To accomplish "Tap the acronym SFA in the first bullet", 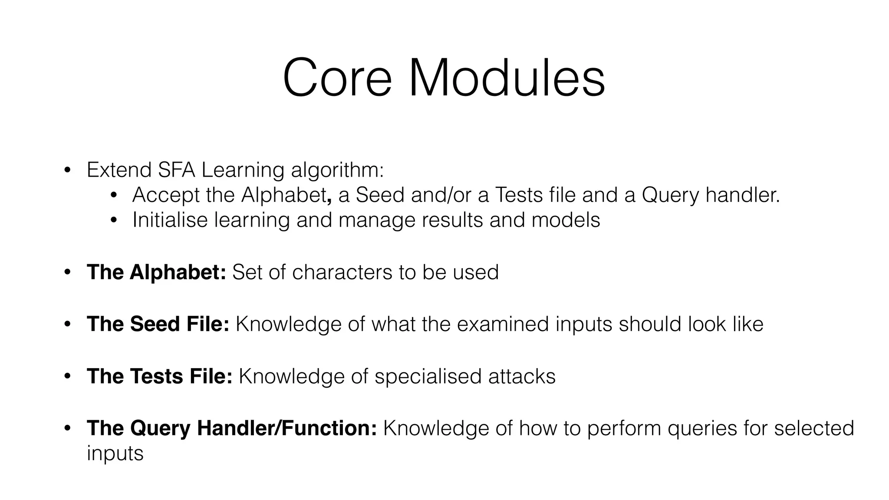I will click(176, 170).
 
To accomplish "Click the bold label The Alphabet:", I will click(156, 273).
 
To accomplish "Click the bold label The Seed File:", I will click(158, 324).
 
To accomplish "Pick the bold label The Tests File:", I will click(159, 376).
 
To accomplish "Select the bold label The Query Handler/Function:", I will click(232, 428).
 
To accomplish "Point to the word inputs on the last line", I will click(115, 454).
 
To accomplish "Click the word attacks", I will click(522, 376).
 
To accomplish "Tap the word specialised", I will click(428, 376).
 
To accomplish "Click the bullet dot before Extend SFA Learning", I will click(67, 170).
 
